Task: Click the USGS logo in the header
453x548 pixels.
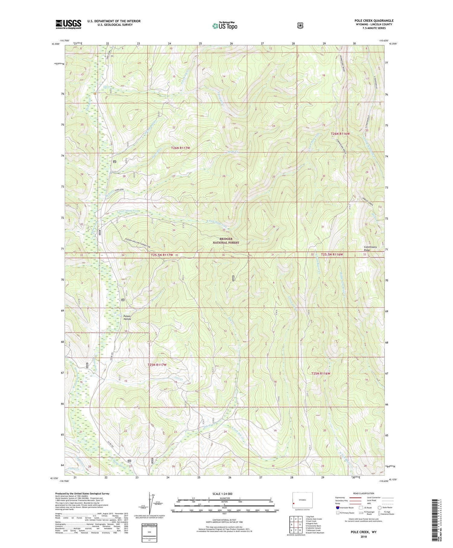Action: pyautogui.click(x=68, y=24)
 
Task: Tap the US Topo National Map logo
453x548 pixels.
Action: pyautogui.click(x=225, y=26)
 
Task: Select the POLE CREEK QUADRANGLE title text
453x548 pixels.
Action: pyautogui.click(x=374, y=21)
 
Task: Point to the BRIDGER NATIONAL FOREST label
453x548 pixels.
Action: pyautogui.click(x=226, y=241)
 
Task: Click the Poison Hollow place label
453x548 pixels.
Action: pyautogui.click(x=127, y=317)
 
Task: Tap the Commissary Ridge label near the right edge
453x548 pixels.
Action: pyautogui.click(x=370, y=248)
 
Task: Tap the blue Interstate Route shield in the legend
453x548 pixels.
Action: pyautogui.click(x=338, y=507)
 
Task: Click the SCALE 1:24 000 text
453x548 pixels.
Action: pyautogui.click(x=223, y=494)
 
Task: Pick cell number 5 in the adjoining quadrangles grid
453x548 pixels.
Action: pyautogui.click(x=300, y=525)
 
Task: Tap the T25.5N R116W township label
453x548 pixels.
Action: pyautogui.click(x=332, y=255)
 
